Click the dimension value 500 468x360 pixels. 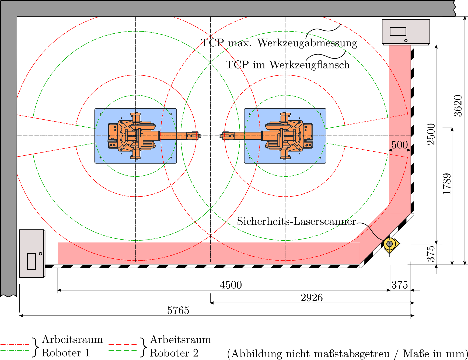tap(400, 145)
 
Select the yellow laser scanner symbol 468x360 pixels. tap(390, 244)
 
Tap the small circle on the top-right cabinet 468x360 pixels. tap(406, 40)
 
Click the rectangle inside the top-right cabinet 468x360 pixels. tap(398, 32)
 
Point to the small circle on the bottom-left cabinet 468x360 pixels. tap(40, 254)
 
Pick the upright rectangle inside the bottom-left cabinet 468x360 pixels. tap(32, 261)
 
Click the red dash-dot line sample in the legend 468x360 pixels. tap(15, 344)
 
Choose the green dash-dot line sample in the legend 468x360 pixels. tap(15, 351)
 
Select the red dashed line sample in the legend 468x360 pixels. tap(123, 344)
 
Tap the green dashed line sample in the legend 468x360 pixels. tap(123, 351)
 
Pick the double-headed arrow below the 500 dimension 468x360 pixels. tap(400, 150)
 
